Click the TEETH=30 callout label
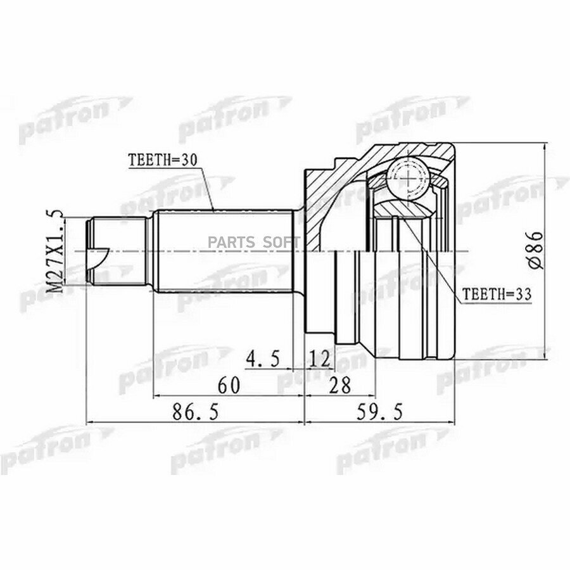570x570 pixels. (x=163, y=160)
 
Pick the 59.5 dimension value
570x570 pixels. (x=380, y=412)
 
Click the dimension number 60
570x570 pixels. (x=229, y=385)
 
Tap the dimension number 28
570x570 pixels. (x=339, y=385)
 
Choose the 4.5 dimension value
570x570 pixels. (x=262, y=359)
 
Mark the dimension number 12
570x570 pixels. (x=320, y=359)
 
